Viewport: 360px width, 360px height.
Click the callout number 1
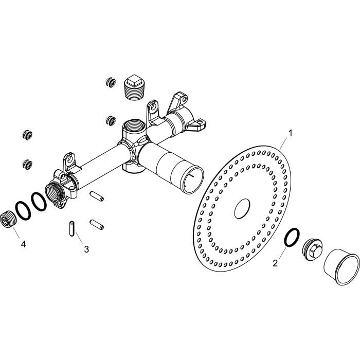click(291, 133)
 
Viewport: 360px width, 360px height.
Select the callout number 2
click(275, 263)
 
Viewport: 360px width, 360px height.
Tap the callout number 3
click(86, 249)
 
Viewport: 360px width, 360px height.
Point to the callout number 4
click(23, 244)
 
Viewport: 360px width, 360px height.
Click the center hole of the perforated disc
click(242, 209)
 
